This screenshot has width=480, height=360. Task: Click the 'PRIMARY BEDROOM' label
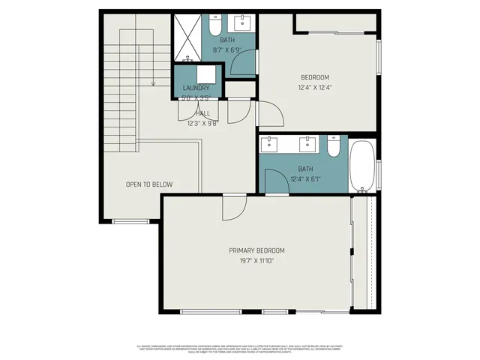pyautogui.click(x=256, y=250)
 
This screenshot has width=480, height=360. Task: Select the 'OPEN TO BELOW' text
pyautogui.click(x=149, y=184)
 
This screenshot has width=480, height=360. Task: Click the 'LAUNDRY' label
pyautogui.click(x=196, y=88)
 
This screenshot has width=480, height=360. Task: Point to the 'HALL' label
pyautogui.click(x=203, y=113)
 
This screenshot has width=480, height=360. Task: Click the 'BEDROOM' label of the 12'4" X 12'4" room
pyautogui.click(x=315, y=77)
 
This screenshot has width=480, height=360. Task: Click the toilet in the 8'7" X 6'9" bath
pyautogui.click(x=214, y=28)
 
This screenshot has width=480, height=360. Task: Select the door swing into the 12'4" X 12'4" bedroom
pyautogui.click(x=269, y=113)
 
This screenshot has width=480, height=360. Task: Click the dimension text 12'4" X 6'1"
pyautogui.click(x=305, y=178)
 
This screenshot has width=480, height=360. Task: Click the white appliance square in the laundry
pyautogui.click(x=205, y=75)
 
